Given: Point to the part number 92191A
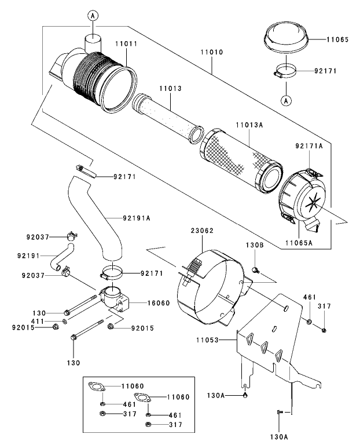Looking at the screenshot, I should [x=137, y=218].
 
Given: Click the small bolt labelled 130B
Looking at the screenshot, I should [x=256, y=269].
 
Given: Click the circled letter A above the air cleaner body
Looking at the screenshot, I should [x=91, y=16].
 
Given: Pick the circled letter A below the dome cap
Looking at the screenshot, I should [x=285, y=101].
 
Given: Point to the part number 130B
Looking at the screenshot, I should [x=255, y=246].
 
